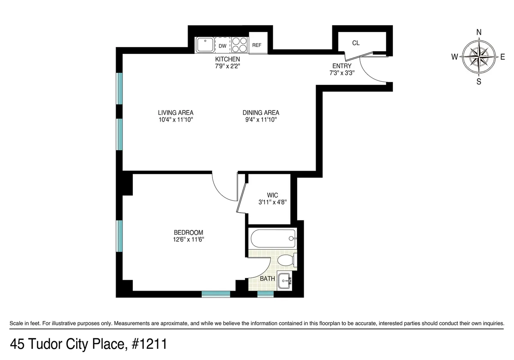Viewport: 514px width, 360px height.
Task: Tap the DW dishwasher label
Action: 222,46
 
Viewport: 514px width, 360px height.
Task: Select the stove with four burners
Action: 239,45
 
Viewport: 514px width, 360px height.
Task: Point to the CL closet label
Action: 356,43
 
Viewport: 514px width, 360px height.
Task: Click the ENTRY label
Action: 342,66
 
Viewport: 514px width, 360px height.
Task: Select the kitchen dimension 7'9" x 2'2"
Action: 227,66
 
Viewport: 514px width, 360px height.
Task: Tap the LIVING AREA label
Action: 176,113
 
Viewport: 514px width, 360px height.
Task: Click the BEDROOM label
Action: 185,232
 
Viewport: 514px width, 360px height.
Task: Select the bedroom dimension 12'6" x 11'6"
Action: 185,240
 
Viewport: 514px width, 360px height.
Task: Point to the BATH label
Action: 267,279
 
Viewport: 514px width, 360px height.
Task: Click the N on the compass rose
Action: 479,32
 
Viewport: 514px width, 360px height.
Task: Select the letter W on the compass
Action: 454,57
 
